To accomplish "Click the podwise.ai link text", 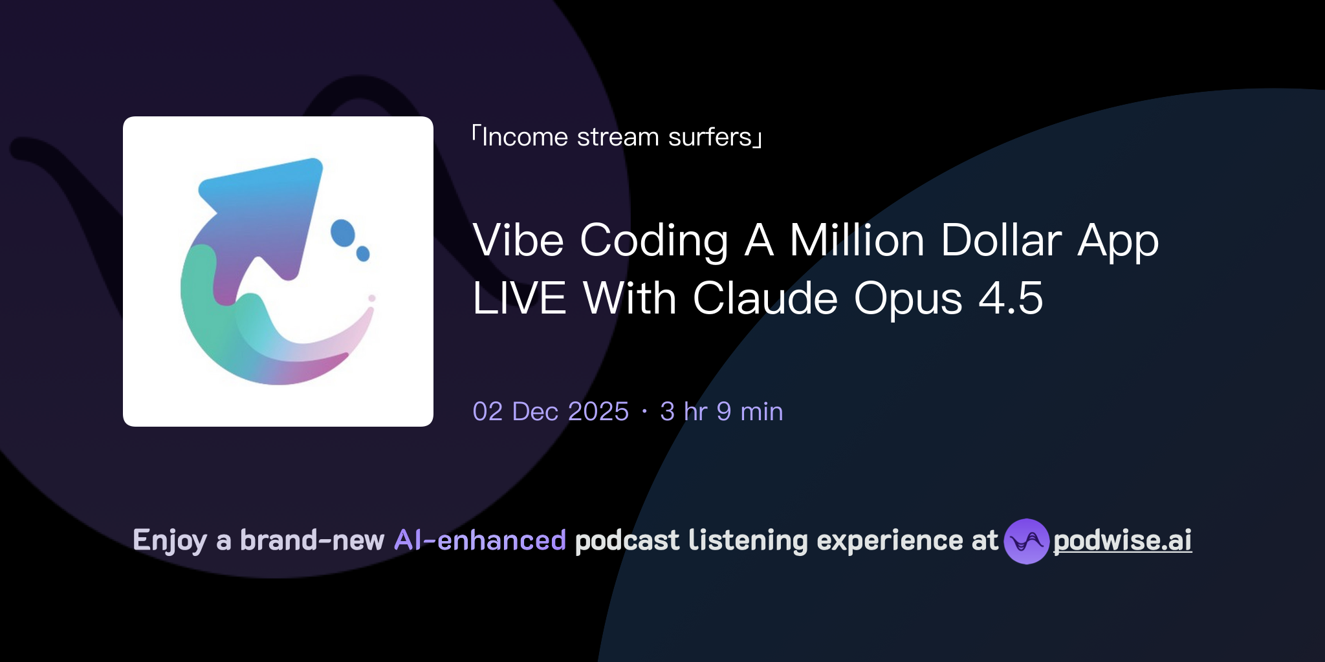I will (x=1122, y=540).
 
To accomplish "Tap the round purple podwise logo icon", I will (x=1026, y=541).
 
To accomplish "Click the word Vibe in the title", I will (x=518, y=240).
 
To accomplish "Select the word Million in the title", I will (x=857, y=240).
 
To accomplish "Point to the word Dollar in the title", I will (x=1001, y=240).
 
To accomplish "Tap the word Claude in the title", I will (x=765, y=299).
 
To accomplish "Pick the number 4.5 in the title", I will (x=1011, y=299).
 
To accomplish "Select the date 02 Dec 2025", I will (x=551, y=412).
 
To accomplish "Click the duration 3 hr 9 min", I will (x=721, y=412).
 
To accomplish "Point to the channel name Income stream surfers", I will (x=617, y=137).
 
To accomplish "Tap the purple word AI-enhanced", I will (x=480, y=540).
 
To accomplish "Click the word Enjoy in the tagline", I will (x=170, y=541).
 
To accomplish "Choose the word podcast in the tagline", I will (x=627, y=540).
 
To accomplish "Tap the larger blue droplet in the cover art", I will (x=343, y=233).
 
